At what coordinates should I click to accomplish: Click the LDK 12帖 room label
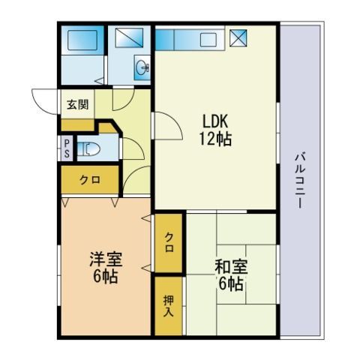click(215, 130)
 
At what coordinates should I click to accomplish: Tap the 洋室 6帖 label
click(106, 268)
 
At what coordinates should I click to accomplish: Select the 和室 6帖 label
click(231, 275)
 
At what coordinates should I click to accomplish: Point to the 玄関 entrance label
click(78, 104)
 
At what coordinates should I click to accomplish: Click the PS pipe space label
click(67, 148)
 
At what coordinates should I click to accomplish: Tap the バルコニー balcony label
click(300, 180)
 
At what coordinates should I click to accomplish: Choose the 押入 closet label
click(169, 306)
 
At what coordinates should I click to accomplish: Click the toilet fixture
click(88, 149)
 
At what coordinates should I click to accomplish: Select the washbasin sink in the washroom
click(142, 67)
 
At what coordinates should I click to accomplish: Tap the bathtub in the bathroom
click(82, 40)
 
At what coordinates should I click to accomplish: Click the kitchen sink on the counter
click(208, 40)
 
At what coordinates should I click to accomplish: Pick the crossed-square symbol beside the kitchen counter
click(238, 38)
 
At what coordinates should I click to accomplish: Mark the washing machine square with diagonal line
click(129, 37)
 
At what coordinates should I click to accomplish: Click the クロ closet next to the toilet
click(90, 179)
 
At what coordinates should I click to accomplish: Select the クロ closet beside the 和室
click(169, 243)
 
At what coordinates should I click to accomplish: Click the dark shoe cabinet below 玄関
click(78, 125)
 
